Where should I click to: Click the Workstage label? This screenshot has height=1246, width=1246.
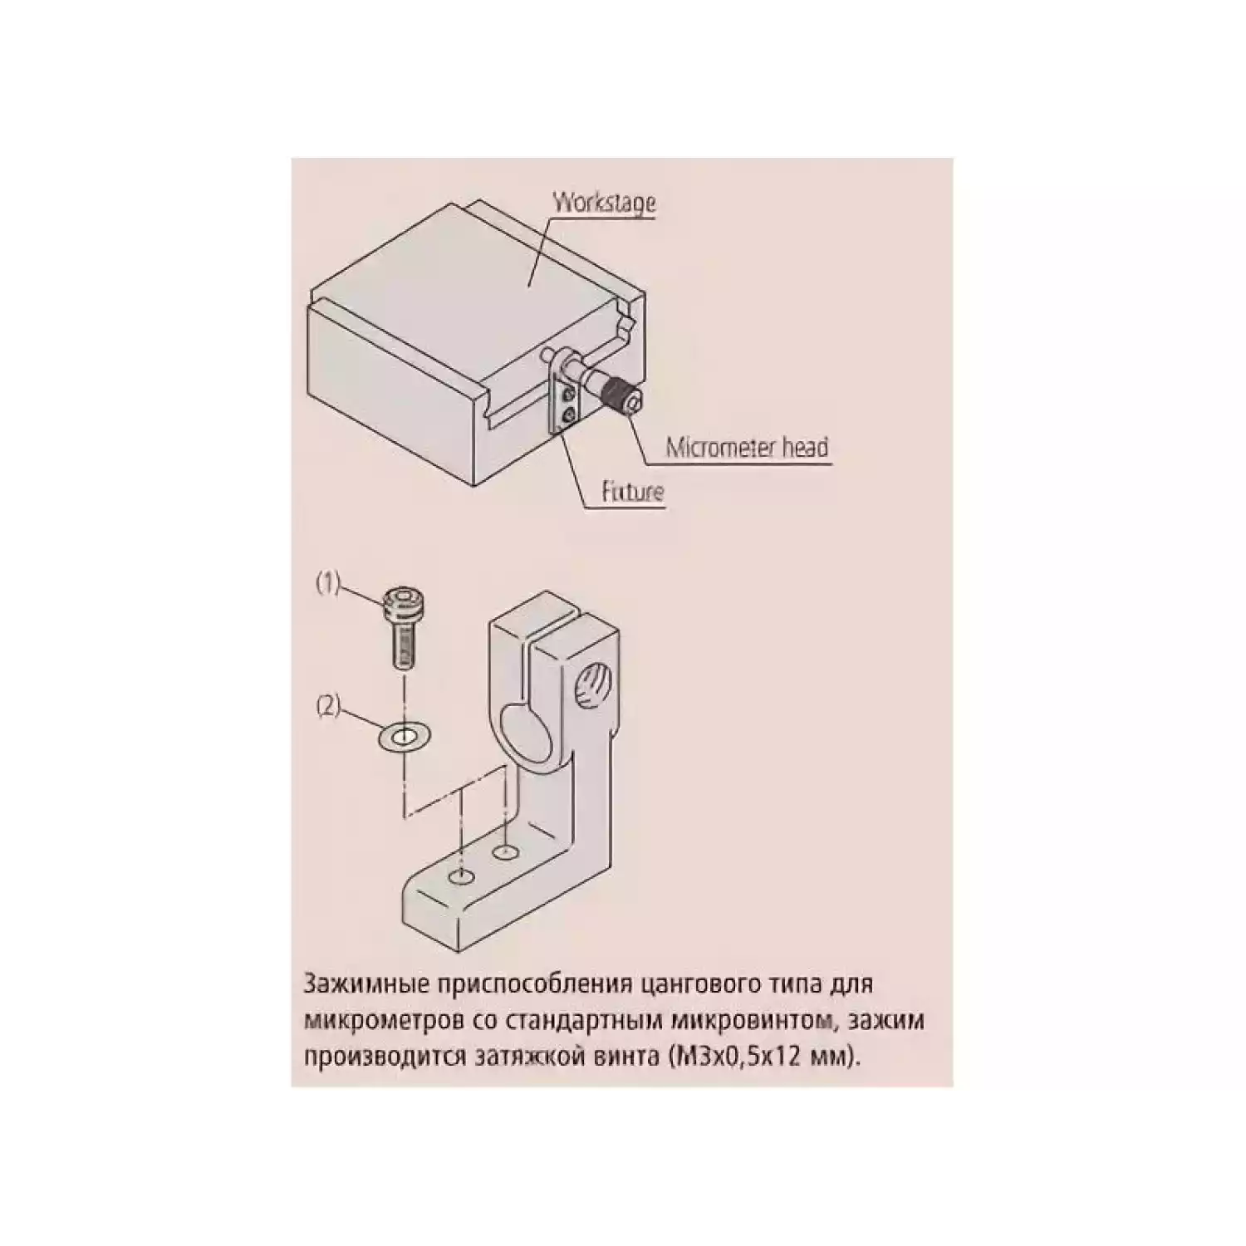605,202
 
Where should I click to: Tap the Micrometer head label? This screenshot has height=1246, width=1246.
748,448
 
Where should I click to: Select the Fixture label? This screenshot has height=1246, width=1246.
633,492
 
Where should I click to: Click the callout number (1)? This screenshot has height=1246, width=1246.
327,583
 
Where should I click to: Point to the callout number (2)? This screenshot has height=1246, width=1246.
329,707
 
